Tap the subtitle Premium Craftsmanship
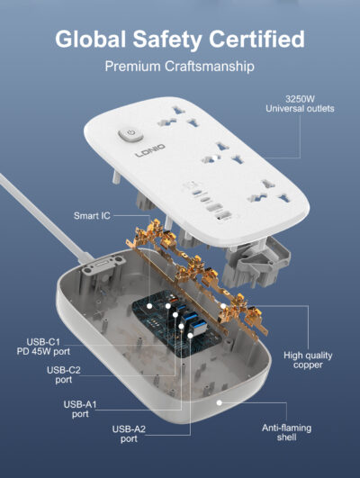180,67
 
